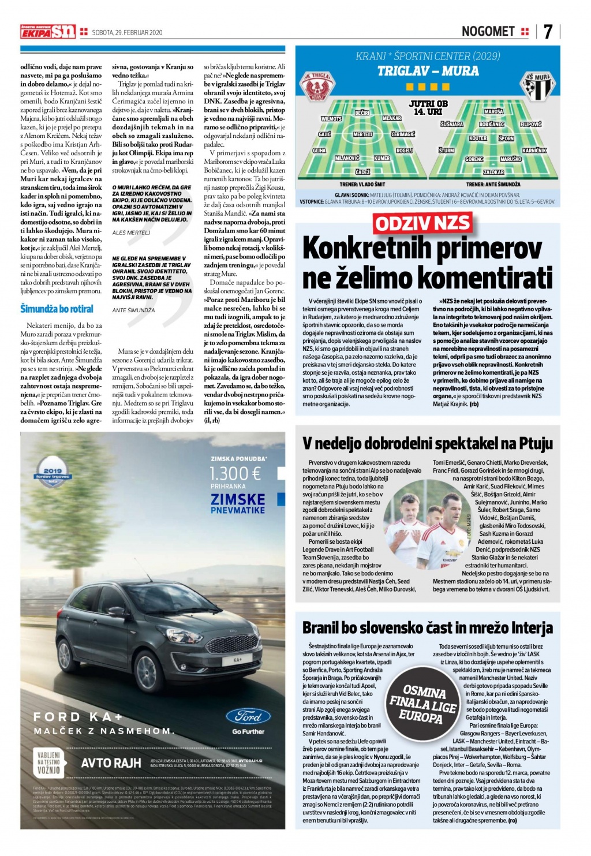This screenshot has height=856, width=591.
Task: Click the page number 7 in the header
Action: click(x=548, y=32)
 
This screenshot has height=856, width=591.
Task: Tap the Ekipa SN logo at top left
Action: click(x=48, y=32)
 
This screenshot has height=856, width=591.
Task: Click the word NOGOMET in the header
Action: click(x=488, y=32)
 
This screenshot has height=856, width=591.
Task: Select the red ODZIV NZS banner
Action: click(x=422, y=223)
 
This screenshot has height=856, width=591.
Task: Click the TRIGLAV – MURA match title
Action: click(x=428, y=71)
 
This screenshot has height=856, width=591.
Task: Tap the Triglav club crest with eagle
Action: click(x=316, y=87)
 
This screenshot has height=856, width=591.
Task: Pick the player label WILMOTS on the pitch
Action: click(x=331, y=119)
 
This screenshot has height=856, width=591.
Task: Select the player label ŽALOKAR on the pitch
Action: click(x=493, y=172)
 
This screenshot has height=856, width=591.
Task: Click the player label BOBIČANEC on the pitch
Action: click(x=492, y=124)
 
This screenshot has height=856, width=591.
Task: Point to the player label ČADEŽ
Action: click(x=362, y=172)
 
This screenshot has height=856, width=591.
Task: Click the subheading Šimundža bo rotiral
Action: click(x=57, y=309)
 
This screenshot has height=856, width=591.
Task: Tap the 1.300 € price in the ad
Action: click(x=235, y=473)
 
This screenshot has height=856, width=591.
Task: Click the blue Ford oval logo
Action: click(x=248, y=716)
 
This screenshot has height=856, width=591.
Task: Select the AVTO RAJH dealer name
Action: click(x=111, y=763)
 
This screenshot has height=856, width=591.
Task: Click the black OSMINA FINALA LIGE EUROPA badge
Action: click(x=423, y=705)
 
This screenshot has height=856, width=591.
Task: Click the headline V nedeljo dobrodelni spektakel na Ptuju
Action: click(x=428, y=443)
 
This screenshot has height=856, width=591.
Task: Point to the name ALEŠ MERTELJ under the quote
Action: click(x=131, y=233)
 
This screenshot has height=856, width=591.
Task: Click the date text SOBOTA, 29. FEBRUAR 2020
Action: click(x=128, y=32)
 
